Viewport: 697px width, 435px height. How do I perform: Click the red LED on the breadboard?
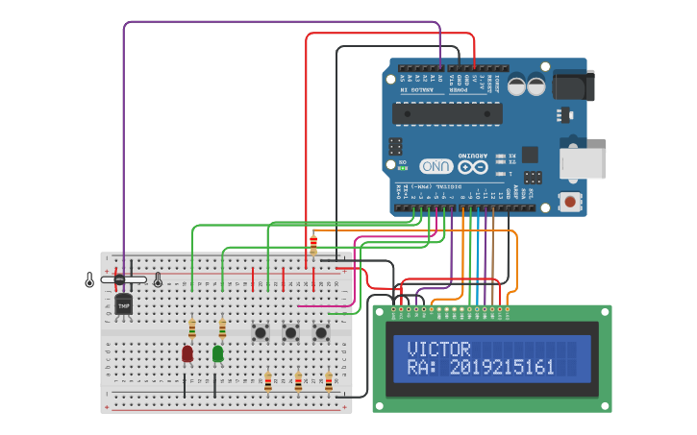(187, 353)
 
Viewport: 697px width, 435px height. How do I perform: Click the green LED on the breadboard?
(217, 353)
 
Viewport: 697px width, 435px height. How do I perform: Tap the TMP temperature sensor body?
(123, 304)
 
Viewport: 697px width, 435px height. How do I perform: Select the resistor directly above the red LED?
(192, 329)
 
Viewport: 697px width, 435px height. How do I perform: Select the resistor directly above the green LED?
(222, 329)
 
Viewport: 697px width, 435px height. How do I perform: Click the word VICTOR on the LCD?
(438, 350)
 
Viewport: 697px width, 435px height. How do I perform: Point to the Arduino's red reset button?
(571, 202)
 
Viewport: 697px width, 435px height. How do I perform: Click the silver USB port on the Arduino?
(583, 163)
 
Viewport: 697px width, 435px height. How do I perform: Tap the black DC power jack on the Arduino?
(574, 85)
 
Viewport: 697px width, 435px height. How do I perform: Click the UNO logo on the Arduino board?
(436, 165)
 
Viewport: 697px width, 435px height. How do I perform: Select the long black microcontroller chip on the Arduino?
(447, 113)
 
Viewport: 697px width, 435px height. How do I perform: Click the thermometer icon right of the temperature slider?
(158, 279)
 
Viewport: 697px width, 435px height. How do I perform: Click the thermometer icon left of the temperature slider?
(89, 279)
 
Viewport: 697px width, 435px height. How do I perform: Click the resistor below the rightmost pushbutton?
(329, 381)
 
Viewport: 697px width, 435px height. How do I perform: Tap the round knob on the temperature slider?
(119, 279)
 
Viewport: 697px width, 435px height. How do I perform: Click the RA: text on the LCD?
(423, 368)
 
